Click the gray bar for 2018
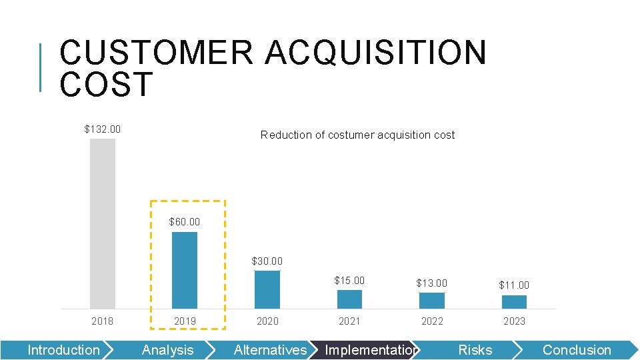click(103, 223)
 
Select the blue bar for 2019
click(185, 270)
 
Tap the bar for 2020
click(267, 289)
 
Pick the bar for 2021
click(349, 299)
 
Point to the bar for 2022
click(432, 301)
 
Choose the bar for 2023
click(514, 302)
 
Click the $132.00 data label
click(103, 129)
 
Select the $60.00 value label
click(185, 221)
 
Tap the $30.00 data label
click(267, 261)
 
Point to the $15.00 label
click(349, 281)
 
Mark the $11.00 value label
click(514, 285)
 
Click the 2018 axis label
click(103, 321)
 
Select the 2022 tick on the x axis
click(432, 321)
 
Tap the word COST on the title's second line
click(107, 85)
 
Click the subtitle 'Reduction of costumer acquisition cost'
click(357, 135)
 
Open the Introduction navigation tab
click(63, 350)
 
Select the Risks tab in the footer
click(475, 350)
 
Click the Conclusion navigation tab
click(577, 350)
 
